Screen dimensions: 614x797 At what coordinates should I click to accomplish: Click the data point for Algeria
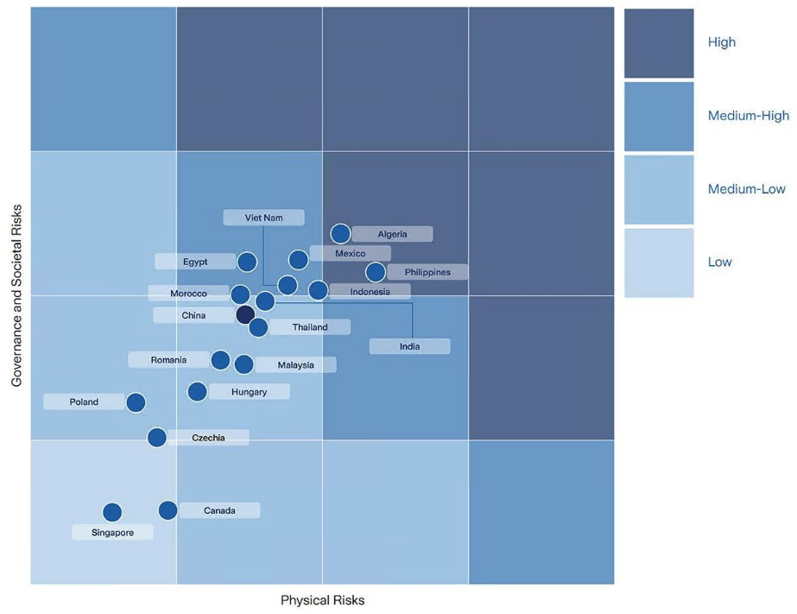coord(341,233)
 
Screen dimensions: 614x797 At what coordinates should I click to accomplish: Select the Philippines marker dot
coord(376,272)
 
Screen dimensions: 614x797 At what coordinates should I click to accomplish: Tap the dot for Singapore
coord(112,513)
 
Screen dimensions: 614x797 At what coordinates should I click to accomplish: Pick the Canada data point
coord(168,510)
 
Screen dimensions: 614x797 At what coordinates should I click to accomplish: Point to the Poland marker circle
coord(136,402)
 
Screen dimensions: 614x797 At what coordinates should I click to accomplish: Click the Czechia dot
coord(157,437)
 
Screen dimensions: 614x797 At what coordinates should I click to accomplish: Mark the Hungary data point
coord(198,392)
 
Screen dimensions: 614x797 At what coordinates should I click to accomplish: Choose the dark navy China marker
coord(245,314)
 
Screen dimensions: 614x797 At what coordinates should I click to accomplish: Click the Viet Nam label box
coord(263,218)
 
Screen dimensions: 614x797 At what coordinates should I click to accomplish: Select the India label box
coord(409,346)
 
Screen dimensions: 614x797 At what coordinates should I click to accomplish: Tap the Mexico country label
coord(350,253)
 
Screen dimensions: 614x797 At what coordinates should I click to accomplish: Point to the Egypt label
coord(195,261)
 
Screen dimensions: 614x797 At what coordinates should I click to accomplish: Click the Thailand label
coord(310,327)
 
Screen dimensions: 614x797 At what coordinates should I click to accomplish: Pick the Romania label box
coord(169,359)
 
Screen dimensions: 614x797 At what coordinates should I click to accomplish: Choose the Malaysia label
coord(296,365)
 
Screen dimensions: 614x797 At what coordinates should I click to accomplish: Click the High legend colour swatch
coord(659,43)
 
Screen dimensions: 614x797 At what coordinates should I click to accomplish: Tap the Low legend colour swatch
coord(659,263)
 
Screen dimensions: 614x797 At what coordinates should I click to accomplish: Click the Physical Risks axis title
coord(322,600)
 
